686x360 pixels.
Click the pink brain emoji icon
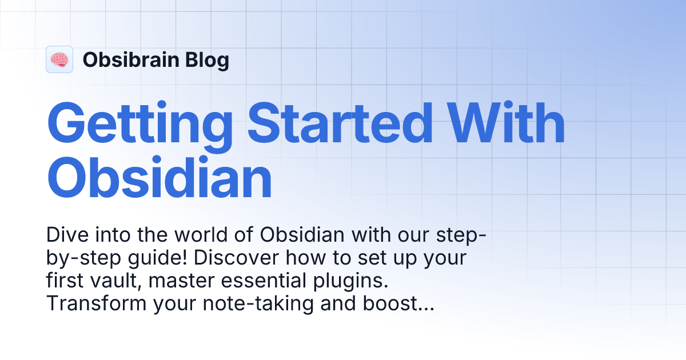[59, 59]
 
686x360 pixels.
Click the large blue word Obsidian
[159, 178]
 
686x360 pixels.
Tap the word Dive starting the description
[65, 235]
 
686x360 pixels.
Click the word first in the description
[65, 281]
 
